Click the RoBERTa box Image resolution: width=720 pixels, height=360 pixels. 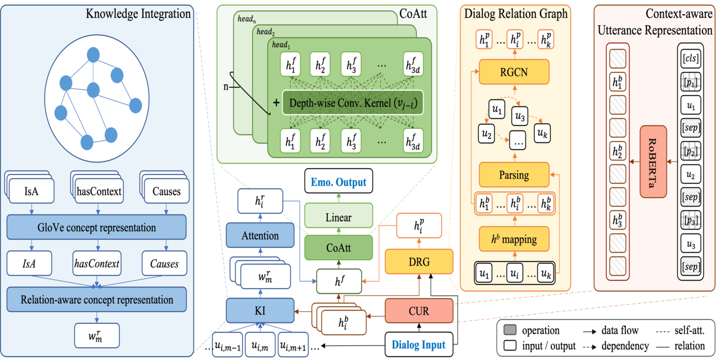pyautogui.click(x=653, y=161)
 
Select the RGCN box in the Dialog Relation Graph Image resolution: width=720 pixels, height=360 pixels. pyautogui.click(x=514, y=71)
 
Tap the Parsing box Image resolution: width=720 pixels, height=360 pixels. pyautogui.click(x=514, y=175)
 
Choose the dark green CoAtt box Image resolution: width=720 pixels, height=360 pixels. pyautogui.click(x=339, y=247)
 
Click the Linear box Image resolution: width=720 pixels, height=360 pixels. pyautogui.click(x=339, y=217)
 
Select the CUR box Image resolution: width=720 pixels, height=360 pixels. pyautogui.click(x=418, y=310)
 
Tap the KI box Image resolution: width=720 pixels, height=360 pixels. pyautogui.click(x=260, y=310)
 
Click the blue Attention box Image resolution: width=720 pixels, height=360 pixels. pyautogui.click(x=260, y=236)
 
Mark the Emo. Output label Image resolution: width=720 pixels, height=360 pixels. pyautogui.click(x=339, y=182)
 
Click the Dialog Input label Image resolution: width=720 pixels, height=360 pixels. pyautogui.click(x=418, y=345)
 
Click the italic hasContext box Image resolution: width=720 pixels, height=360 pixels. pyautogui.click(x=98, y=263)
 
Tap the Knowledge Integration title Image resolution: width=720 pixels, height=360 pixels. pyautogui.click(x=138, y=13)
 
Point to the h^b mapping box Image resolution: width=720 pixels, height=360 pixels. pyautogui.click(x=514, y=240)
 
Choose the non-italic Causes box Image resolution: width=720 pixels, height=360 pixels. pyautogui.click(x=166, y=191)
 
